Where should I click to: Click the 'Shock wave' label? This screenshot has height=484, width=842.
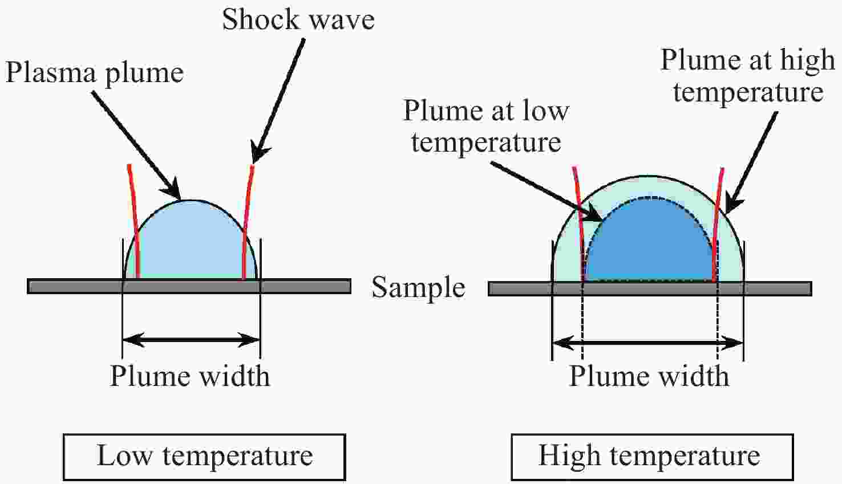click(x=298, y=19)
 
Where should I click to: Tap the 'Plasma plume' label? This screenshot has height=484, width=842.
click(x=94, y=73)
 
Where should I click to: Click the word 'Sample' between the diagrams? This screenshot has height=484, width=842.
click(x=418, y=287)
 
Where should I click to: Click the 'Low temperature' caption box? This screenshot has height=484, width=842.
click(x=204, y=457)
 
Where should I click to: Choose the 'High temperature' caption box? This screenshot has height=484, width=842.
click(x=652, y=457)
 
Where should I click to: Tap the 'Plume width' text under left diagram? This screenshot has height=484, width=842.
click(x=190, y=376)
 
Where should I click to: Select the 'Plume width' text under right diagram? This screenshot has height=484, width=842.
click(x=649, y=376)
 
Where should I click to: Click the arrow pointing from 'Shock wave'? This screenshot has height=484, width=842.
click(x=278, y=101)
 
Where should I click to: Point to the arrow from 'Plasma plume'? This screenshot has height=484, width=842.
click(x=137, y=145)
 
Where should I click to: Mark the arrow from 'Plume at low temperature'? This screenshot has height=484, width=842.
click(x=547, y=192)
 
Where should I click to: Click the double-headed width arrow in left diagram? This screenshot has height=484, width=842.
click(x=191, y=340)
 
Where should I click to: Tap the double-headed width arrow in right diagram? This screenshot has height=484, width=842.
click(x=647, y=343)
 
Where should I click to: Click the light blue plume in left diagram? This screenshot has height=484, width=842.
click(x=191, y=244)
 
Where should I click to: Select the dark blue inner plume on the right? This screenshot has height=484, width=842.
click(x=650, y=244)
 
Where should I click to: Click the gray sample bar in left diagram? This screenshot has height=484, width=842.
click(x=189, y=286)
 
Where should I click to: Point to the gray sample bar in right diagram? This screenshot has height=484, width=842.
click(x=650, y=288)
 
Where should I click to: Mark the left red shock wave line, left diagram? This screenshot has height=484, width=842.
click(x=134, y=222)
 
